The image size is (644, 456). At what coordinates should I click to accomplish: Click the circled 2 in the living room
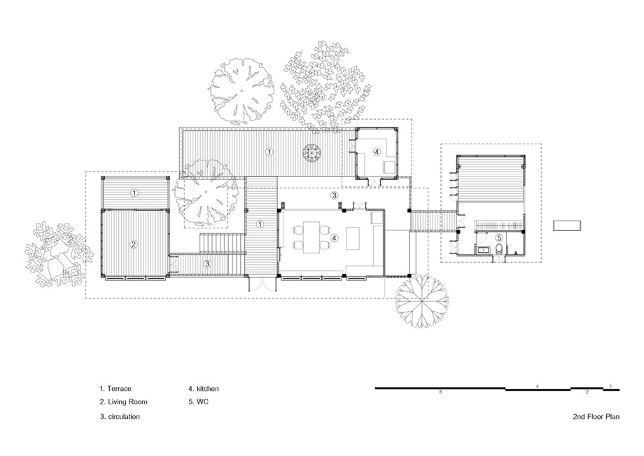click(x=134, y=244)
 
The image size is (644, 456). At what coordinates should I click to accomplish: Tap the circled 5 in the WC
click(x=498, y=237)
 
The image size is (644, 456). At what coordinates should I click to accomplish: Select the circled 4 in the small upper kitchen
click(x=377, y=151)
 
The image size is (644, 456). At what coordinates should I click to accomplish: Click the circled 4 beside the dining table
click(x=335, y=237)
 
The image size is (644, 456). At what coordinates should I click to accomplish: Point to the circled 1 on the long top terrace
click(x=269, y=151)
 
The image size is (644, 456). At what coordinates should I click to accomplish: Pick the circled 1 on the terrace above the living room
click(x=134, y=192)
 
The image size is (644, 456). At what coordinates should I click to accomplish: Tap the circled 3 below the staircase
click(x=207, y=264)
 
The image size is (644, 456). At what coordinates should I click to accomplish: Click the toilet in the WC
click(x=499, y=248)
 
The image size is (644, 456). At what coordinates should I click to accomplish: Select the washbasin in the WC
click(x=482, y=249)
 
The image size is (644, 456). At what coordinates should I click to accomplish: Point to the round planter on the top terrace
click(x=311, y=153)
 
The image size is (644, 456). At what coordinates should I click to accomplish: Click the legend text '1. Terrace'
click(x=115, y=389)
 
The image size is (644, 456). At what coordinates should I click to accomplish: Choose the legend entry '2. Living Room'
click(x=123, y=402)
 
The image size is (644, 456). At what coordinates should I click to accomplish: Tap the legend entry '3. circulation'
click(x=120, y=417)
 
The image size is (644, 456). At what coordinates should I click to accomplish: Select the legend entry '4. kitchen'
click(x=204, y=389)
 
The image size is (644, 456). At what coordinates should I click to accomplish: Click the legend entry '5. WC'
click(x=198, y=402)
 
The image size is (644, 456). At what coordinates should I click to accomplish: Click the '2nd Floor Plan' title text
click(x=596, y=417)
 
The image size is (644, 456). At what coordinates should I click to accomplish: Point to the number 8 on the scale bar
click(x=441, y=392)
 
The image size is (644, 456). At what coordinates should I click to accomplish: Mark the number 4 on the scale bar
click(x=537, y=386)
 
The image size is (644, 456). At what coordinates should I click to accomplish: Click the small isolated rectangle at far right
click(x=567, y=226)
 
